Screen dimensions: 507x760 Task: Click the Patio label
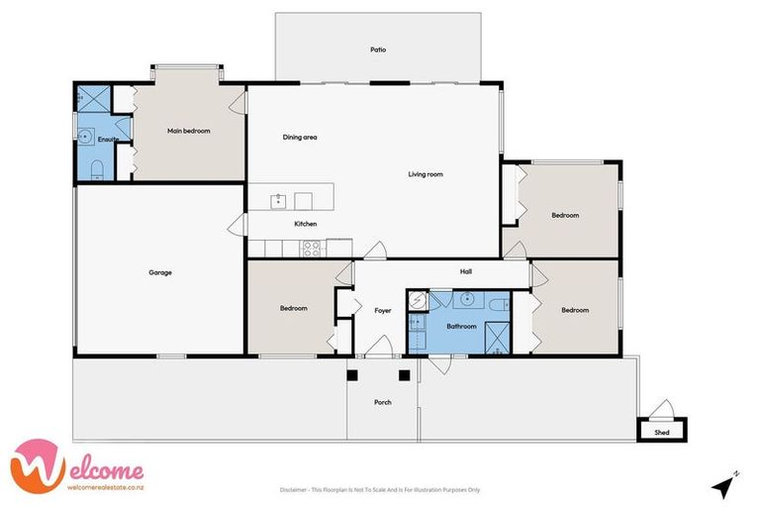pos(377,49)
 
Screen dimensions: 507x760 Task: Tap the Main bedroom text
pos(188,131)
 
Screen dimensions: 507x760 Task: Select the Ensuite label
pos(108,140)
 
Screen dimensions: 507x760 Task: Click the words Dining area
pos(299,137)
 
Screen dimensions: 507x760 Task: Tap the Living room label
pos(426,174)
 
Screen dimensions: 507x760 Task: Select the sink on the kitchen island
pos(280,200)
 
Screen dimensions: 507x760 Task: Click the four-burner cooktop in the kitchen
pos(311,248)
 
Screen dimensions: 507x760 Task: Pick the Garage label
pos(160,272)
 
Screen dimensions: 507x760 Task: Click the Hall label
pos(465,270)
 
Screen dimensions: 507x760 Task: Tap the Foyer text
pos(382,310)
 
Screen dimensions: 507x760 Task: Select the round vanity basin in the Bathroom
pos(465,301)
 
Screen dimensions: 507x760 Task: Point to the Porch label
pos(382,402)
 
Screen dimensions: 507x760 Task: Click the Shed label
pos(662,433)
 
